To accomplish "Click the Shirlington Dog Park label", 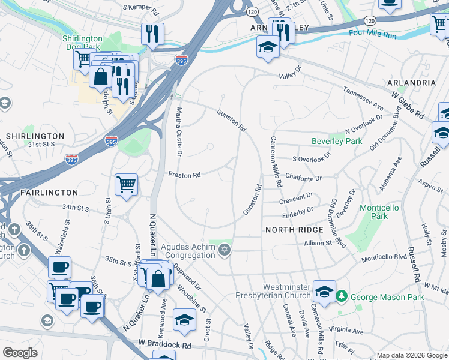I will pos(82,43).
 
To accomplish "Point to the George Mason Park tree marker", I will pos(342,296).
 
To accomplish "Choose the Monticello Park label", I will pos(379,212).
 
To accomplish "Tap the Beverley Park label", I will pos(336,142).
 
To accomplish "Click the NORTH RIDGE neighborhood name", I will pos(290,230).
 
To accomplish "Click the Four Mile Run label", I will pos(373,35).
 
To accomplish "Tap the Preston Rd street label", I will pos(184,175).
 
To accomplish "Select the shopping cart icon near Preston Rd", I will pos(126,185).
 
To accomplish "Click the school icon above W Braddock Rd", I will pos(184,320).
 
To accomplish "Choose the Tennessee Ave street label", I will pos(363,98).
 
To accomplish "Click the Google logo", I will pos(20,353).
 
